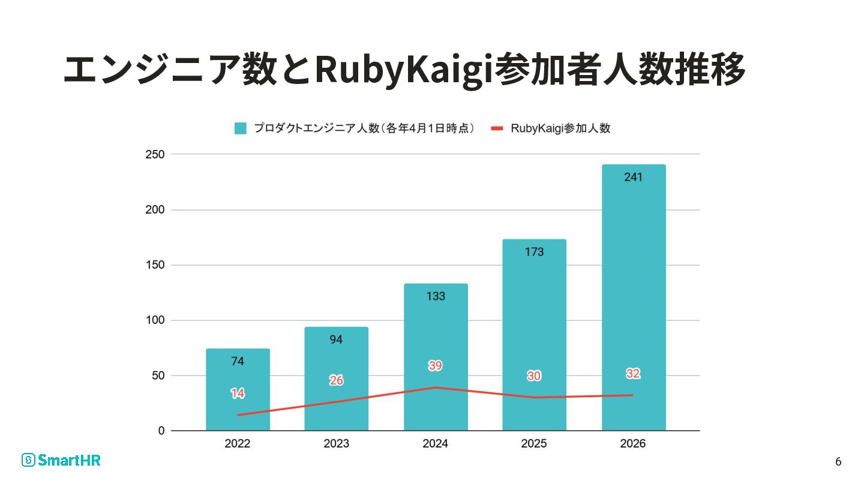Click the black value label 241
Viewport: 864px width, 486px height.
tap(634, 177)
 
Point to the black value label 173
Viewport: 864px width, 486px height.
tap(534, 252)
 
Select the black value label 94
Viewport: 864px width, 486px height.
tap(336, 340)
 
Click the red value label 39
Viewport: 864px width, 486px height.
tap(436, 365)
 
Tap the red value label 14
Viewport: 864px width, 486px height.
tap(238, 394)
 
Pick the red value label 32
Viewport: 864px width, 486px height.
tap(634, 373)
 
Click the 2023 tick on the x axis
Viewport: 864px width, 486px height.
tap(336, 444)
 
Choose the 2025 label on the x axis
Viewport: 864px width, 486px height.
tap(534, 444)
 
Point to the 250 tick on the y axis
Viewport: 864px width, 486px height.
tap(155, 154)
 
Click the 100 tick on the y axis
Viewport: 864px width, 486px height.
tap(155, 320)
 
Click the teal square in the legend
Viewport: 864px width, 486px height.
tap(241, 128)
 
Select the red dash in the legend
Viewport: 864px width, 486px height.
tap(497, 128)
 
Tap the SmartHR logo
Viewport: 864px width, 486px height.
tap(61, 460)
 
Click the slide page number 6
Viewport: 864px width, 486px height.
tap(838, 461)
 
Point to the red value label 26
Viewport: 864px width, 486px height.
tap(336, 380)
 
